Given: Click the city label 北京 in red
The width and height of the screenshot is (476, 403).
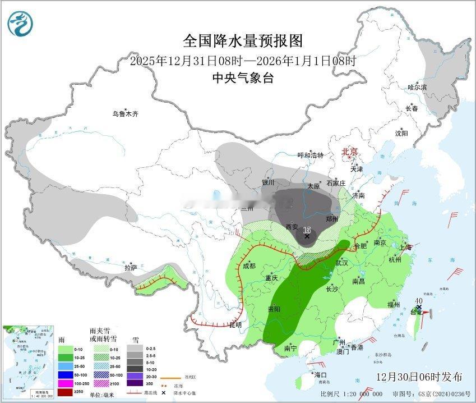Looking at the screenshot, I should (x=350, y=152).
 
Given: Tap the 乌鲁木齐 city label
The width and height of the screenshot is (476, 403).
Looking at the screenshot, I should (x=125, y=114).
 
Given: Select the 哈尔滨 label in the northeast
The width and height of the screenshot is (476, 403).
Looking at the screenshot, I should (x=417, y=87).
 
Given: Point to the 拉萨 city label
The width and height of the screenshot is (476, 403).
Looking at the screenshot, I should (x=131, y=268).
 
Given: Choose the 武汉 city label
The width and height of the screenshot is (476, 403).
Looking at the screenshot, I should (x=341, y=263).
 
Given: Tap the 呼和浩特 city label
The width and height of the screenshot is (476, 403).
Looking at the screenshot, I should (x=310, y=155).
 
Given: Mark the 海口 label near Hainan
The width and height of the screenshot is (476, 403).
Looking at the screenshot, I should (x=320, y=374).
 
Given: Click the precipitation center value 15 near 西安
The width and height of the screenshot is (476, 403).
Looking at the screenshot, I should (x=307, y=230).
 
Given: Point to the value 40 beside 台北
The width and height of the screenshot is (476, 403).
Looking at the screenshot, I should (x=418, y=301).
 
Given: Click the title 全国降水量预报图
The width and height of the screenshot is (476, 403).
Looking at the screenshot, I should (x=243, y=41).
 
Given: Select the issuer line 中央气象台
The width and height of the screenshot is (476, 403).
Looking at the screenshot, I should (x=243, y=78).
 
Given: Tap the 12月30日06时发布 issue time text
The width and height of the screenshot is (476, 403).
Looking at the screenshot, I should (x=419, y=375).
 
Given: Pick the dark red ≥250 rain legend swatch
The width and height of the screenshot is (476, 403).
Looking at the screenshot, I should (x=66, y=391).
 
